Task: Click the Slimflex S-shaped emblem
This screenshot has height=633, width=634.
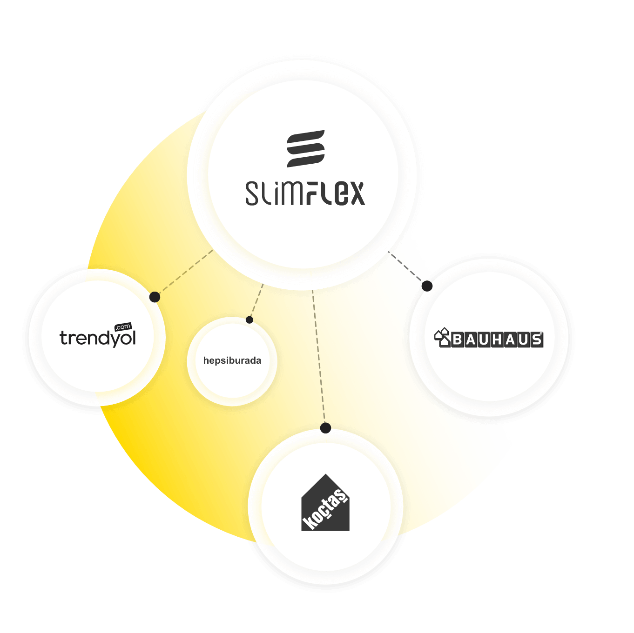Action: coord(305,149)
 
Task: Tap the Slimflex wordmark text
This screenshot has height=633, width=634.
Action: coord(305,193)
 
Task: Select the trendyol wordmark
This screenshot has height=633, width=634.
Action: coord(98,338)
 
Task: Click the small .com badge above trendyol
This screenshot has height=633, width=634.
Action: coord(123,326)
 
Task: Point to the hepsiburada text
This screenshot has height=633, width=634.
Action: coord(232,360)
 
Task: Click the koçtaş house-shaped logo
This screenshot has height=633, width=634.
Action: coord(325,504)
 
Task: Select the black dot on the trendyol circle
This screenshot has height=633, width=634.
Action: coord(155,297)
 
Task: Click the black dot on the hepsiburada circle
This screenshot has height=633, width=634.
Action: coord(250,320)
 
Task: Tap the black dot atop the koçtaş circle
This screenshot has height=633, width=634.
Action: coord(326,428)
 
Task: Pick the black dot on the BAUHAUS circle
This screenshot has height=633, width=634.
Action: coord(427,286)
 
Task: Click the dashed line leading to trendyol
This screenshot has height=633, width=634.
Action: coord(184,273)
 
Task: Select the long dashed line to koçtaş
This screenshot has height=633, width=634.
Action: coord(319,358)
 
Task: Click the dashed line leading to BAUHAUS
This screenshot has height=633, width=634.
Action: coord(407,267)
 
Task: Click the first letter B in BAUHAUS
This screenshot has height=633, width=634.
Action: coord(457,340)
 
